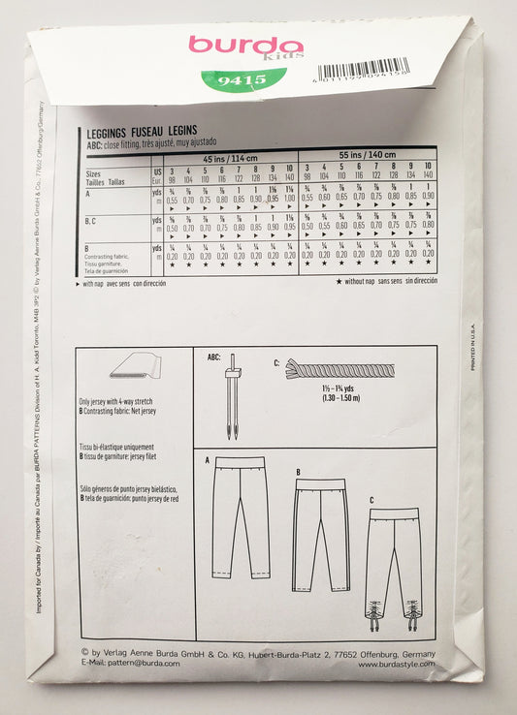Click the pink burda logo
coord(245,46)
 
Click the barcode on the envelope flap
coord(363,71)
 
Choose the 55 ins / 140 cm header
coord(367,157)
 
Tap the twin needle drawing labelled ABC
coord(233,392)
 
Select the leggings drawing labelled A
coord(241,517)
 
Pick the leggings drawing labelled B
coord(320,528)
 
